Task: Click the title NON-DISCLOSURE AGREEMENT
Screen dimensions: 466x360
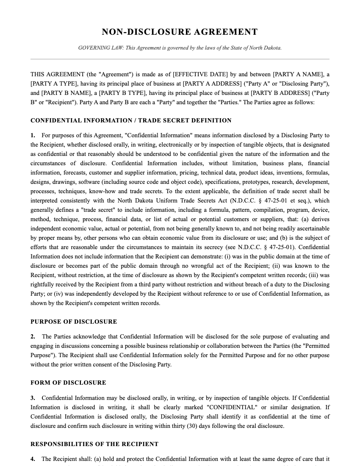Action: click(x=180, y=32)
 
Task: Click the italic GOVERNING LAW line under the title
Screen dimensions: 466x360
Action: click(x=180, y=48)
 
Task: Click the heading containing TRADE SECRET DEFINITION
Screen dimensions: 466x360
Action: click(x=131, y=121)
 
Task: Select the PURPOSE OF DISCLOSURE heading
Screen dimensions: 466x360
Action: click(x=74, y=322)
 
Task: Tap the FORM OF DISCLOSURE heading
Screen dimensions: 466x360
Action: click(x=68, y=383)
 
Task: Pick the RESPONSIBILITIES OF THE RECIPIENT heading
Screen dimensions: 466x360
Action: click(x=94, y=444)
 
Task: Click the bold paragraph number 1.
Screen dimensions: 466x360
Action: click(x=33, y=136)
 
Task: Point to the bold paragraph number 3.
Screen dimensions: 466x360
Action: click(x=33, y=398)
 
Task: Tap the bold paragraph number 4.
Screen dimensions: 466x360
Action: click(x=33, y=459)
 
